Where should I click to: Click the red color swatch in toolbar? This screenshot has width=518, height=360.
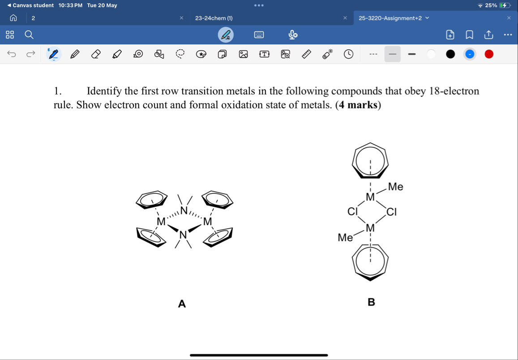tap(489, 54)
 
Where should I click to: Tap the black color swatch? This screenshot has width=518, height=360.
tap(450, 54)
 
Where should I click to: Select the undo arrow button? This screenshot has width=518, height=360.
tap(12, 54)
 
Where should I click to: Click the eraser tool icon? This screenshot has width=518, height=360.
tap(96, 54)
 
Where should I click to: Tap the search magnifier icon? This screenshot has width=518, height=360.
tap(29, 34)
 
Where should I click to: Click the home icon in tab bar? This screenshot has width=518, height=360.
tap(13, 18)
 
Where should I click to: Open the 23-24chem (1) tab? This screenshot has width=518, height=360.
tap(214, 18)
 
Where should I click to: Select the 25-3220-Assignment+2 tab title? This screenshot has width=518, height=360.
tap(390, 18)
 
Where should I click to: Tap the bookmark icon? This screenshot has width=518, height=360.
tap(469, 34)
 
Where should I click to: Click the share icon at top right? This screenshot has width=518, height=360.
tap(488, 34)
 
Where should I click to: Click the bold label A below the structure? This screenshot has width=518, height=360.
tap(181, 304)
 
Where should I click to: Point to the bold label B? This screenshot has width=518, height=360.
tap(371, 302)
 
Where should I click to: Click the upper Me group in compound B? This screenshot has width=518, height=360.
tap(395, 187)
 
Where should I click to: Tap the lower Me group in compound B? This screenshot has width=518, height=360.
tap(345, 238)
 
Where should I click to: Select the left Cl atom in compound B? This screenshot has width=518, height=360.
tap(353, 211)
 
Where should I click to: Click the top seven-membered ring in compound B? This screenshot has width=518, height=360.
tap(370, 160)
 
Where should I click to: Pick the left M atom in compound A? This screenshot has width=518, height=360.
tap(161, 222)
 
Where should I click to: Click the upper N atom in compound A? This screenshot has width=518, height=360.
tap(183, 210)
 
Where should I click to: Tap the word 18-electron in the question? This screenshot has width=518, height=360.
tap(454, 91)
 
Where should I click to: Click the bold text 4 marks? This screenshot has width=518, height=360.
tap(358, 105)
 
